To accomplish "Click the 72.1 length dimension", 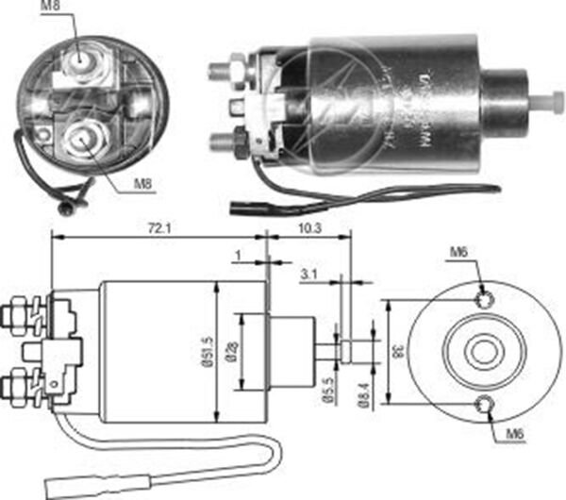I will coord(157,225).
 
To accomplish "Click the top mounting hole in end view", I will coord(484,301).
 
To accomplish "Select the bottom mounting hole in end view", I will coord(485,406).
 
